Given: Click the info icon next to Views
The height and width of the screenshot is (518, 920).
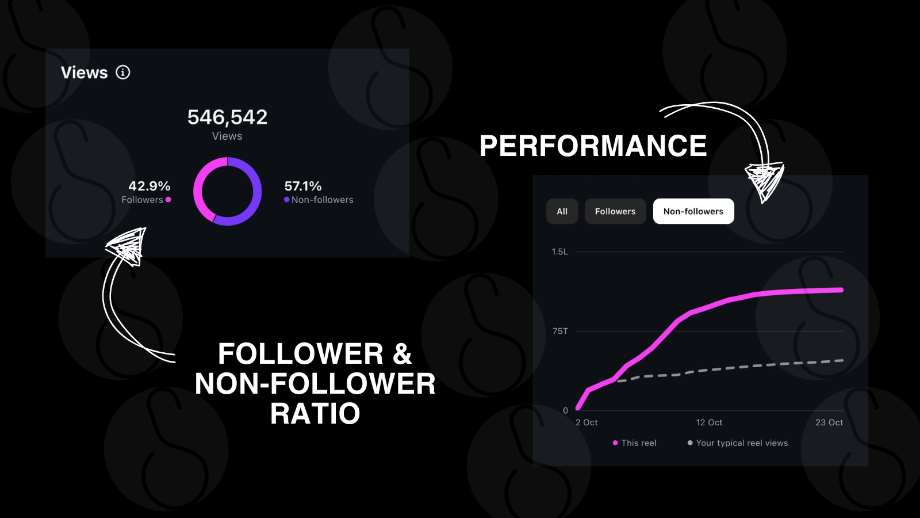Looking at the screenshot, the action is click(123, 73).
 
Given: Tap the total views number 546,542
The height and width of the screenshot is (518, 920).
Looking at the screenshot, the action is click(227, 117).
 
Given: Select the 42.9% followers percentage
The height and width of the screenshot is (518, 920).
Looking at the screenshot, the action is click(149, 186).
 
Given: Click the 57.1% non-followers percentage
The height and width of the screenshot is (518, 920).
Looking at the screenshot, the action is click(302, 186).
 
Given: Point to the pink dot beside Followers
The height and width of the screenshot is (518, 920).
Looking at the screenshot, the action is click(168, 200).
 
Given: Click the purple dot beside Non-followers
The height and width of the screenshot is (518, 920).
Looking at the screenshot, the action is click(287, 200).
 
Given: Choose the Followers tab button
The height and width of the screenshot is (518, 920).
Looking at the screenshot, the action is click(615, 211).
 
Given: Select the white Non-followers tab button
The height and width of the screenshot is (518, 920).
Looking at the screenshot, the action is click(693, 211).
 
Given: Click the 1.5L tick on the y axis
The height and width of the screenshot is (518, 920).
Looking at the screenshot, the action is click(560, 252).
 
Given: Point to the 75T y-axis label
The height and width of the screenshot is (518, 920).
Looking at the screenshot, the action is click(560, 331).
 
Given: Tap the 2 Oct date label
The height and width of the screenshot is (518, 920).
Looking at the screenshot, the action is click(586, 422).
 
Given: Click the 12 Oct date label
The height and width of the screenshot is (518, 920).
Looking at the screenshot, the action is click(709, 422).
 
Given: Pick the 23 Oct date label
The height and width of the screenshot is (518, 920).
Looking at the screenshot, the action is click(829, 422).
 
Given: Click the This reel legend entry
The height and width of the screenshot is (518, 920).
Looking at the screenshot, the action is click(635, 443).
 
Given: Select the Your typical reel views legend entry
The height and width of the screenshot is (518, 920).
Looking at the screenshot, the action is click(738, 443).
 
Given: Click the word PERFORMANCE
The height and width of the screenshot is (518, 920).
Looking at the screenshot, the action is click(593, 146).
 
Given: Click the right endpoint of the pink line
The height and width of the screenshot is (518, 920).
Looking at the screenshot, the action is click(841, 290).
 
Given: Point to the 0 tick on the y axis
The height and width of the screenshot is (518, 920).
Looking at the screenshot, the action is click(566, 410).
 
